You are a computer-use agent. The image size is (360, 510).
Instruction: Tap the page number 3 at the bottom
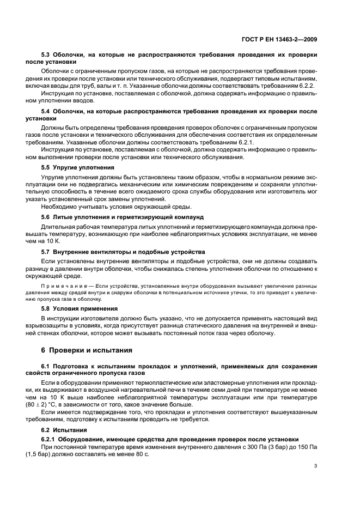pyautogui.click(x=315, y=465)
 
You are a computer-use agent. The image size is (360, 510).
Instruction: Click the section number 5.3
pyautogui.click(x=47, y=55)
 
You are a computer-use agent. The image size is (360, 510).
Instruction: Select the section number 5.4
pyautogui.click(x=47, y=111)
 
